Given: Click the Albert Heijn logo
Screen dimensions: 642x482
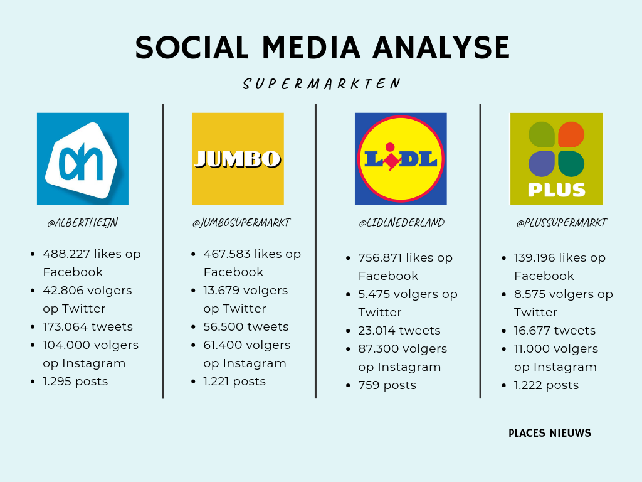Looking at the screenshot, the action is (x=83, y=159).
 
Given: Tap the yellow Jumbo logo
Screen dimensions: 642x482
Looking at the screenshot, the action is (x=238, y=159).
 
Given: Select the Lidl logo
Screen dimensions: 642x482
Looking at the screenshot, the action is (x=401, y=159).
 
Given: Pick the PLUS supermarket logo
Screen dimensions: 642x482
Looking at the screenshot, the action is (x=557, y=159).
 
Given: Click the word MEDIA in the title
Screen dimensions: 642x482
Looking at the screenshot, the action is (x=312, y=48).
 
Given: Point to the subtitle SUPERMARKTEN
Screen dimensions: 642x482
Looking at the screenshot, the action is (x=322, y=84).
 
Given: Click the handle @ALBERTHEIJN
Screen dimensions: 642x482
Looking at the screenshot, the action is (x=83, y=223).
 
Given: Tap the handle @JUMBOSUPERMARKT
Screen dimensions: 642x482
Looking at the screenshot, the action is (x=241, y=223).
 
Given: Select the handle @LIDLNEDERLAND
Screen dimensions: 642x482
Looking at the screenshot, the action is (x=402, y=223).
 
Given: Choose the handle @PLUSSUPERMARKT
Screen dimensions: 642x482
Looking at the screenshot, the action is (x=562, y=223).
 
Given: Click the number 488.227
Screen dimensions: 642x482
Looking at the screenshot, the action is (x=66, y=254).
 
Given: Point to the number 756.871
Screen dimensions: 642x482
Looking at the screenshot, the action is (x=381, y=258).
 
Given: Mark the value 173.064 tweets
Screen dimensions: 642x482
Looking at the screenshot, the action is (x=88, y=326).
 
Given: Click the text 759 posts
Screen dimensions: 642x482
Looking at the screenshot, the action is (x=387, y=385).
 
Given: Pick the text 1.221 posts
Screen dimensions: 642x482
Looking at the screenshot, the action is (x=234, y=382).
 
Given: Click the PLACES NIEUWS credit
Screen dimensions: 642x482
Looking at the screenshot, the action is (x=550, y=433).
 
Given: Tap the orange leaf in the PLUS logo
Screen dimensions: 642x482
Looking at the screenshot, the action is (x=571, y=134).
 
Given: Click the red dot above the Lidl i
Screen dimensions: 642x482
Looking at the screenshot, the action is (x=390, y=147).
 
